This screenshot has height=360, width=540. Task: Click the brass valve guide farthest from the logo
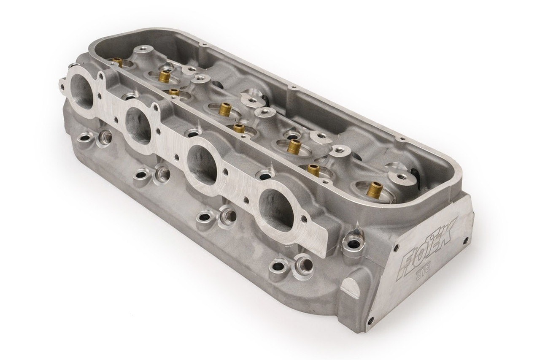coord(117,62)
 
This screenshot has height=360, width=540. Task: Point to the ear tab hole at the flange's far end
coord(63,87)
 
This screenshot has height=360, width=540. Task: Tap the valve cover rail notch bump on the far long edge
coord(291,88)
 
